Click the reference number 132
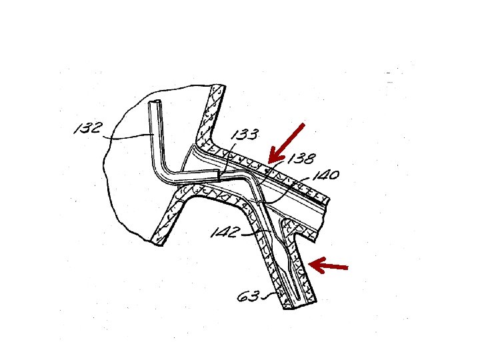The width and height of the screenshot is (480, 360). [87, 128]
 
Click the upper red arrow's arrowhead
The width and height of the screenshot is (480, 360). [270, 161]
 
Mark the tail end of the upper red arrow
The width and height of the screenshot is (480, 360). [304, 123]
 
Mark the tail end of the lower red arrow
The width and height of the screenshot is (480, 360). [347, 269]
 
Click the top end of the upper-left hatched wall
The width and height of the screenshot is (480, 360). [219, 89]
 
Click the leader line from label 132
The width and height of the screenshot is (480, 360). [130, 137]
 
